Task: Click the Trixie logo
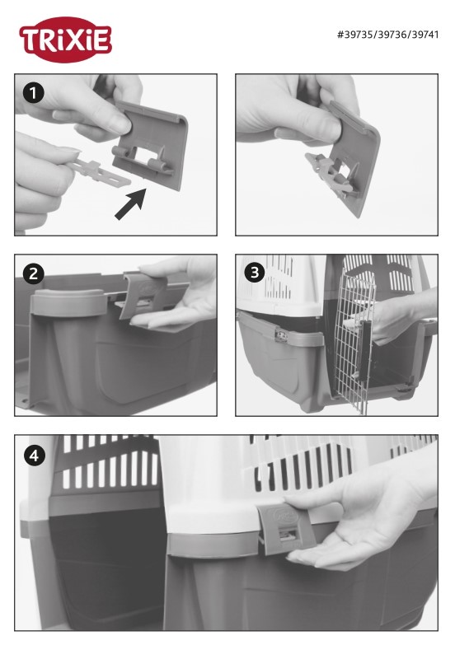(65, 40)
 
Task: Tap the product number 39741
(425, 35)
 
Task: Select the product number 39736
(392, 35)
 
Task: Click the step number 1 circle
(33, 93)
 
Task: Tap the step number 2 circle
(33, 273)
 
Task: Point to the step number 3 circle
(255, 273)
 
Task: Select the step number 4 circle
(34, 456)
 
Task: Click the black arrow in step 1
(130, 203)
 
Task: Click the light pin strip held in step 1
(99, 172)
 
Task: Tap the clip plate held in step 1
(150, 145)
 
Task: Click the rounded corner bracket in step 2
(67, 302)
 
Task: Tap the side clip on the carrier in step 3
(282, 335)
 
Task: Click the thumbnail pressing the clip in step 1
(124, 124)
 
